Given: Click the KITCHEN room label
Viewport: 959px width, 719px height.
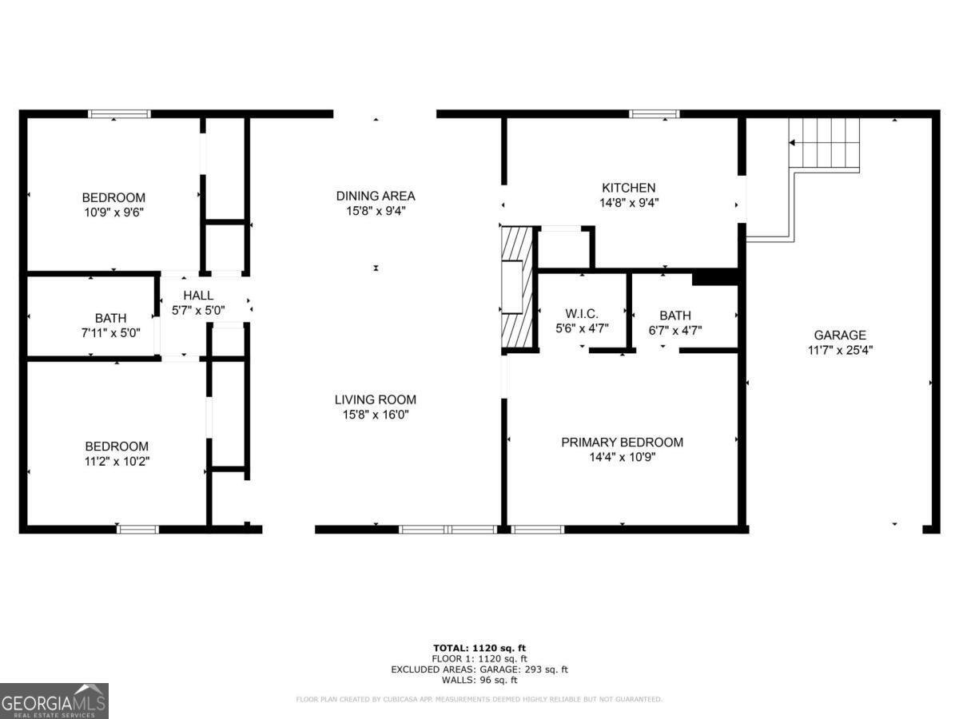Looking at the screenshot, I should coord(628,188).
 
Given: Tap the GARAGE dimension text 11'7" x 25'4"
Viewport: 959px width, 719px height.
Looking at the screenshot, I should coord(839,350).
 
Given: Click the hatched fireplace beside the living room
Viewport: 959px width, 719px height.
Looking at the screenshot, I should coord(515,288).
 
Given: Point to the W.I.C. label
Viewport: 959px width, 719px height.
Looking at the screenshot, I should coord(581,315).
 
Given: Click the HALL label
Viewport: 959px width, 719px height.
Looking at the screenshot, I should coord(198,296).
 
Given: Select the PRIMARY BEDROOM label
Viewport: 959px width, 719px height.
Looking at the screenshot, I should coord(622,442).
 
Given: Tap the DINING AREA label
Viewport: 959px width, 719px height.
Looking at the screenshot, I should coord(375,196).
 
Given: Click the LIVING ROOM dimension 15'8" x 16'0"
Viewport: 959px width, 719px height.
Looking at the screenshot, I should coord(375,415).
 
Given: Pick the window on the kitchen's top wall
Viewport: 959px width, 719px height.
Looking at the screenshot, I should coord(655,114).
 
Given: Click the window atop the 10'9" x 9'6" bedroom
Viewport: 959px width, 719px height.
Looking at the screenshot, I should coord(119,114).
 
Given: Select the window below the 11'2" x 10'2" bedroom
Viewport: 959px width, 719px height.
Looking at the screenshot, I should coord(137,529).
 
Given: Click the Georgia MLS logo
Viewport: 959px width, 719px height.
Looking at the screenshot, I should coord(54,701).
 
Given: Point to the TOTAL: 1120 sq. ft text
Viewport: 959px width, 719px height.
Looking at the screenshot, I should coord(479,648).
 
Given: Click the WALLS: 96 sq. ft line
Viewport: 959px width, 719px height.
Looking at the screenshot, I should coord(479,681).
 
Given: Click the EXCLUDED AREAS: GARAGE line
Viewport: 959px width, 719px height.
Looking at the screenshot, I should coord(479,669).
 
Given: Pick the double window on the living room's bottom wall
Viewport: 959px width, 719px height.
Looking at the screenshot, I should coord(448,529).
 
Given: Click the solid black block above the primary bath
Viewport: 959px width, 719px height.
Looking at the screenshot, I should coord(714,277).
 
